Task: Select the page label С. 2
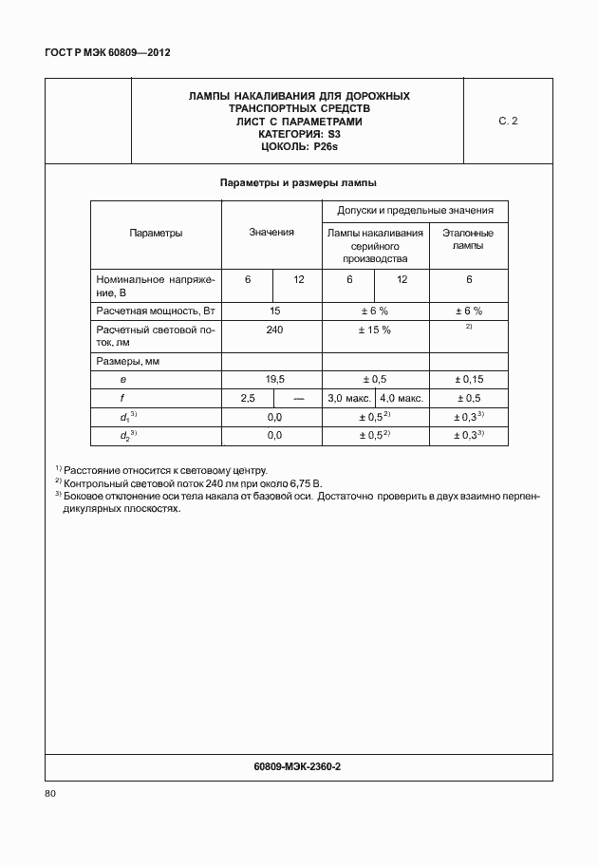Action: click(508, 122)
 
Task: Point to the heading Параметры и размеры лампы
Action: click(299, 182)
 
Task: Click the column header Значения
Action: click(272, 233)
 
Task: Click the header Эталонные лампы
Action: click(469, 238)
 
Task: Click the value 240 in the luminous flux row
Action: click(274, 330)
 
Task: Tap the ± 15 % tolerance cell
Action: click(374, 330)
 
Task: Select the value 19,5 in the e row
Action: click(275, 379)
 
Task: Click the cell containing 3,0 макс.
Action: click(348, 398)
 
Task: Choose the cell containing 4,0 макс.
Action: click(402, 398)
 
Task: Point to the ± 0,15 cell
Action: click(469, 379)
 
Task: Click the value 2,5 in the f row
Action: click(249, 398)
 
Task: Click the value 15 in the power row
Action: click(275, 311)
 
